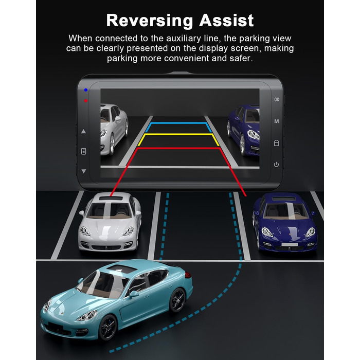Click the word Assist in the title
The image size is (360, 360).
(x=226, y=20)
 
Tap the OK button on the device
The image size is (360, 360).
(x=277, y=99)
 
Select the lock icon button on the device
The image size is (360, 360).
(x=277, y=143)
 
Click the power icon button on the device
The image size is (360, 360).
(x=277, y=165)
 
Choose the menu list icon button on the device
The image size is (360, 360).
(x=84, y=152)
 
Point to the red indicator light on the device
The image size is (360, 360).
(x=86, y=101)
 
